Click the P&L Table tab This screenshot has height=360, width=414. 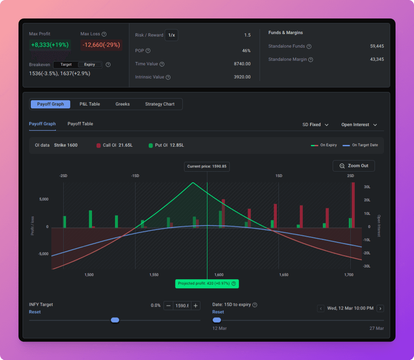pyautogui.click(x=90, y=104)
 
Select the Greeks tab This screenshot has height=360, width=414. pyautogui.click(x=122, y=104)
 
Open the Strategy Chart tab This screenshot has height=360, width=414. pyautogui.click(x=160, y=104)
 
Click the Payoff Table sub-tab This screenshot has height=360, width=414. pyautogui.click(x=80, y=124)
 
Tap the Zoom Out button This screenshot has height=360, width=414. pyautogui.click(x=354, y=166)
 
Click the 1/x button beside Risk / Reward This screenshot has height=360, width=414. pyautogui.click(x=171, y=35)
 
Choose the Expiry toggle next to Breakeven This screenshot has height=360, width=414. pyautogui.click(x=90, y=64)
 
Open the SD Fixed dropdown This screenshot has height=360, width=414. pyautogui.click(x=315, y=124)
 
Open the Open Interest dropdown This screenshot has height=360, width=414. pyautogui.click(x=359, y=124)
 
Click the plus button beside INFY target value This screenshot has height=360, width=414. pyautogui.click(x=195, y=306)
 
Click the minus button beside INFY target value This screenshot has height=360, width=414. pyautogui.click(x=168, y=306)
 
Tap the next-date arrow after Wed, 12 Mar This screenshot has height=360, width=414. pyautogui.click(x=380, y=308)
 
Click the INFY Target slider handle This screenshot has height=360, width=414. pyautogui.click(x=115, y=320)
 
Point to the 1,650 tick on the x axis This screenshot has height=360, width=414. pyautogui.click(x=284, y=275)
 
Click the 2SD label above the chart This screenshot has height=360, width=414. pyautogui.click(x=350, y=176)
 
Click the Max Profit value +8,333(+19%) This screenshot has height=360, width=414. pyautogui.click(x=50, y=45)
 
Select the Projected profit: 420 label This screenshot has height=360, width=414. pyautogui.click(x=207, y=284)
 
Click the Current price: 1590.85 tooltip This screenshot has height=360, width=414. pyautogui.click(x=207, y=167)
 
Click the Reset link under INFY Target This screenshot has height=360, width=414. pyautogui.click(x=35, y=312)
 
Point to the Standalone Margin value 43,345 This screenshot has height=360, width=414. pyautogui.click(x=377, y=60)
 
